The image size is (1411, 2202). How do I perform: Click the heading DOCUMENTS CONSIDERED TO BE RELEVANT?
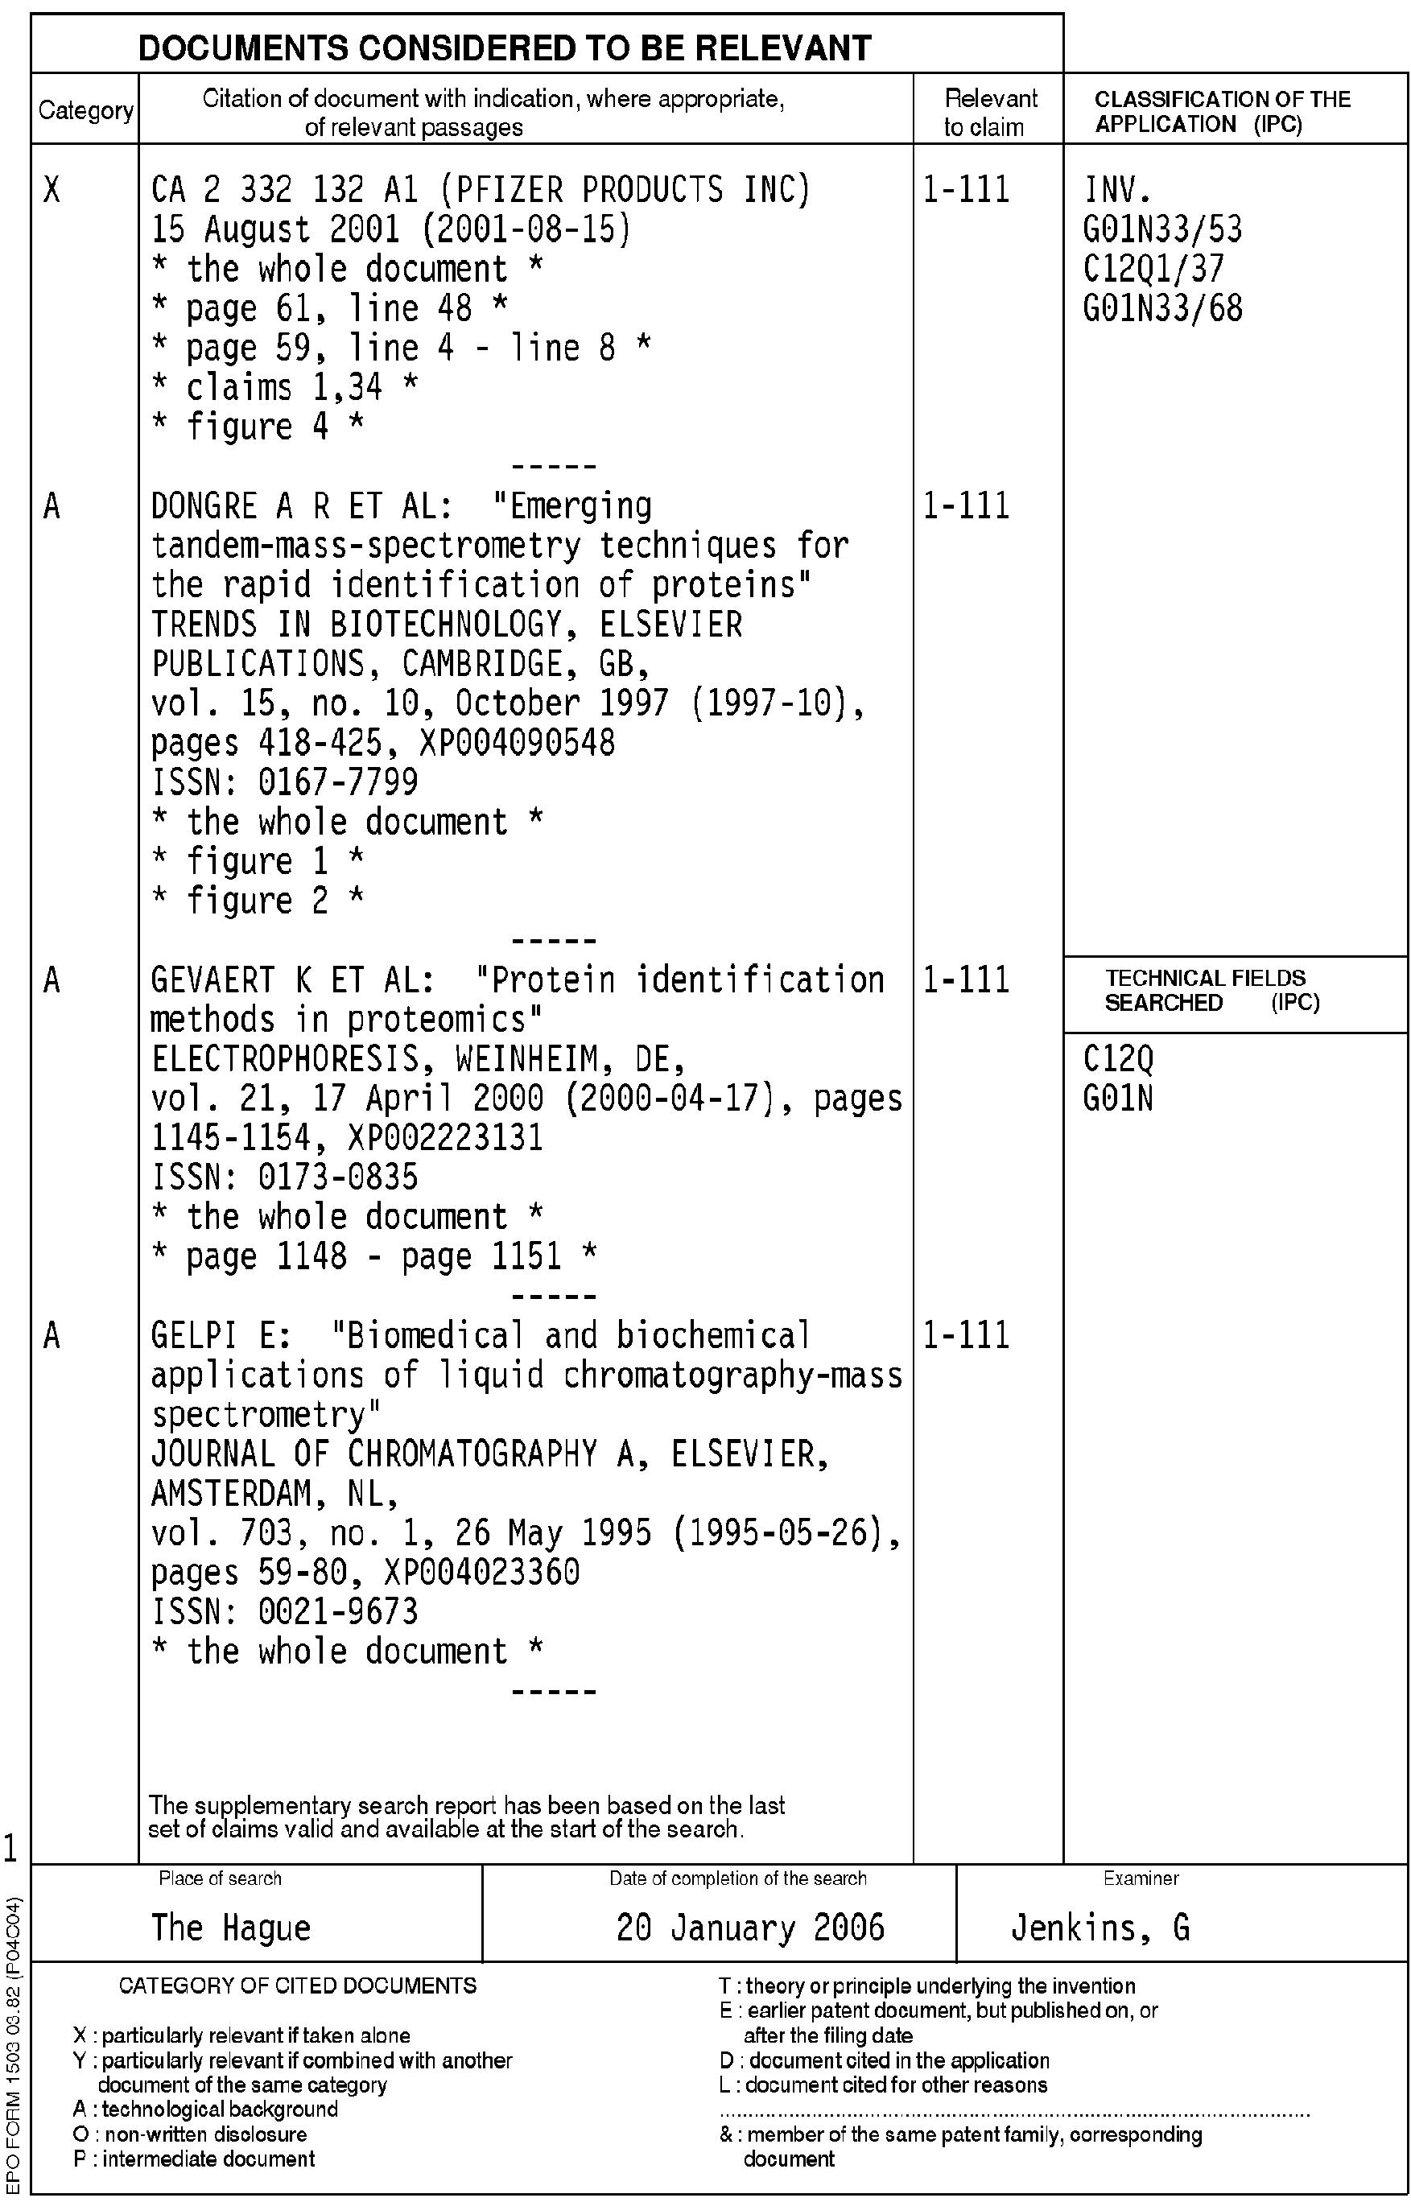point(504,47)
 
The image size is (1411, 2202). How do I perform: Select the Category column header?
point(85,111)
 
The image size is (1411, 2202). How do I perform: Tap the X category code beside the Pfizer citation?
point(52,191)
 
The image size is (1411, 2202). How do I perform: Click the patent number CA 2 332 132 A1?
point(284,191)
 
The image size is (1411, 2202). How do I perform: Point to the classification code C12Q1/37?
point(1153,270)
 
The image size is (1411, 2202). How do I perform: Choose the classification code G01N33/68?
point(1161,309)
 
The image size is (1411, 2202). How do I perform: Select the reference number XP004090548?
point(517,743)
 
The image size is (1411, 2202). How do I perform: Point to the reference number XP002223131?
point(445,1139)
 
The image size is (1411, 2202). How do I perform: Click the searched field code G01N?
point(1118,1099)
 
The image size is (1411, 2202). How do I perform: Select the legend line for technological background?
point(206,2109)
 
